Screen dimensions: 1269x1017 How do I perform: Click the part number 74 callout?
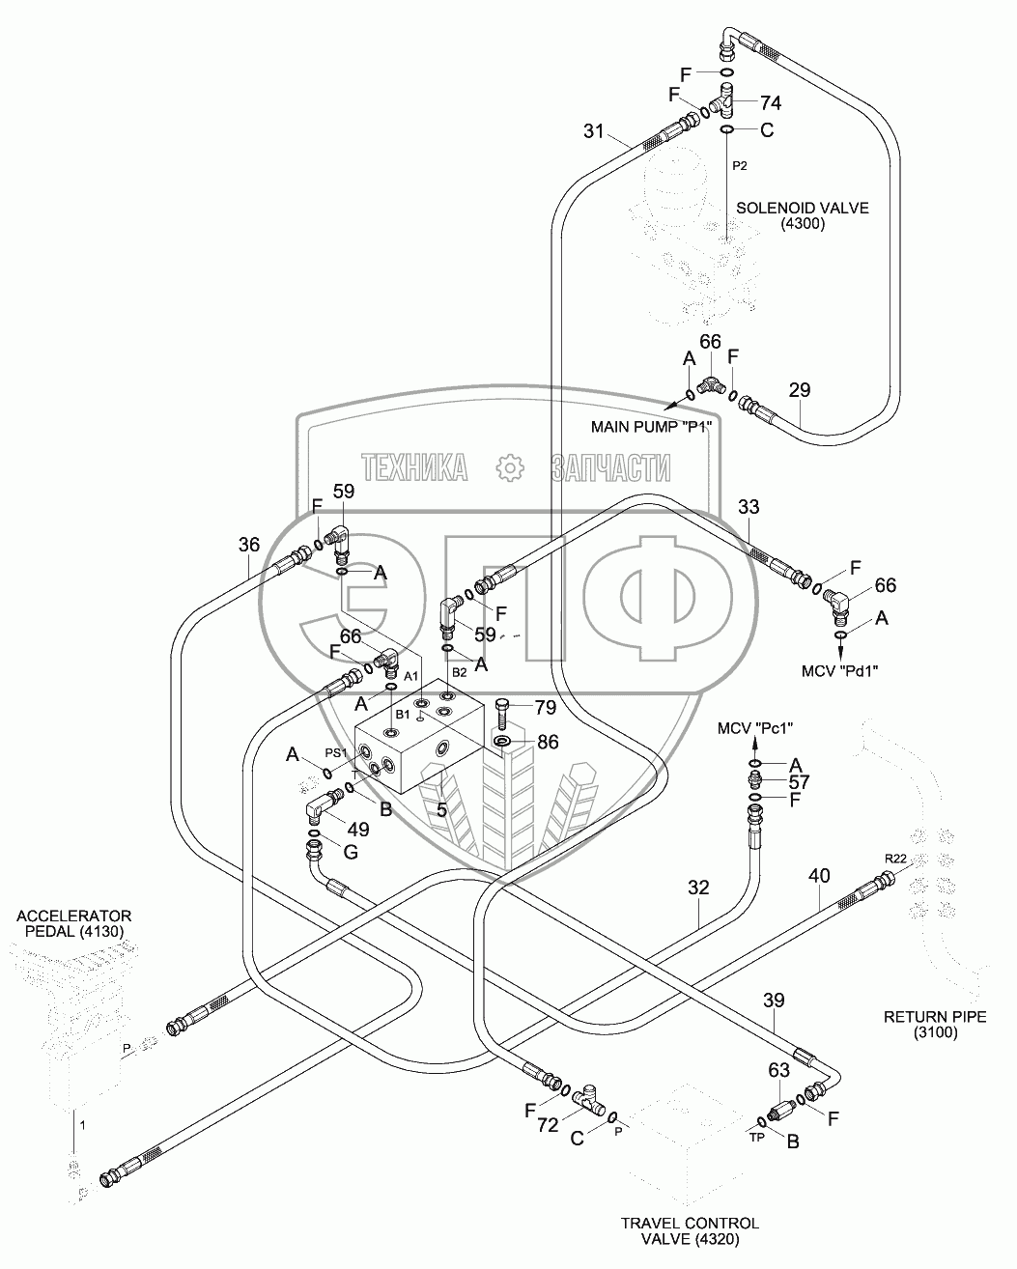tap(771, 103)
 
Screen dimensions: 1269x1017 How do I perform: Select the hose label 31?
tap(594, 132)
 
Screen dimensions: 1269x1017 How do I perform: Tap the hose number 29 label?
tap(800, 390)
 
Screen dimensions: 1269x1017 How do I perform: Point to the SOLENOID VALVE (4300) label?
tap(802, 215)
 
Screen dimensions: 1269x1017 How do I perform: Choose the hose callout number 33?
tap(749, 506)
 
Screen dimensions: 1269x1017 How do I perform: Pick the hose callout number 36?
tap(249, 545)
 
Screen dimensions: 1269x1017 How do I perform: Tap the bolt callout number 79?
tap(545, 708)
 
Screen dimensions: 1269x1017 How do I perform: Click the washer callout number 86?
tap(547, 743)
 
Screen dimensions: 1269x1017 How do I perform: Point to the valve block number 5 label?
tap(441, 809)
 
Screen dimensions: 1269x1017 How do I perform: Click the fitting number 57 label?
tap(799, 782)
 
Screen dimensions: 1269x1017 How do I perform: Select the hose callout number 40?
tap(819, 877)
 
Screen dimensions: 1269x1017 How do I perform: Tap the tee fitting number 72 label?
tap(548, 1125)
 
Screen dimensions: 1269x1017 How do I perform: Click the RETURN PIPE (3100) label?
tap(921, 1024)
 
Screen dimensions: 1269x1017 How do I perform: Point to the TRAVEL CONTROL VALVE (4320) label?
tap(690, 1231)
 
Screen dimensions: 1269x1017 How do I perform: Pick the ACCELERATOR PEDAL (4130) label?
tap(73, 923)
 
